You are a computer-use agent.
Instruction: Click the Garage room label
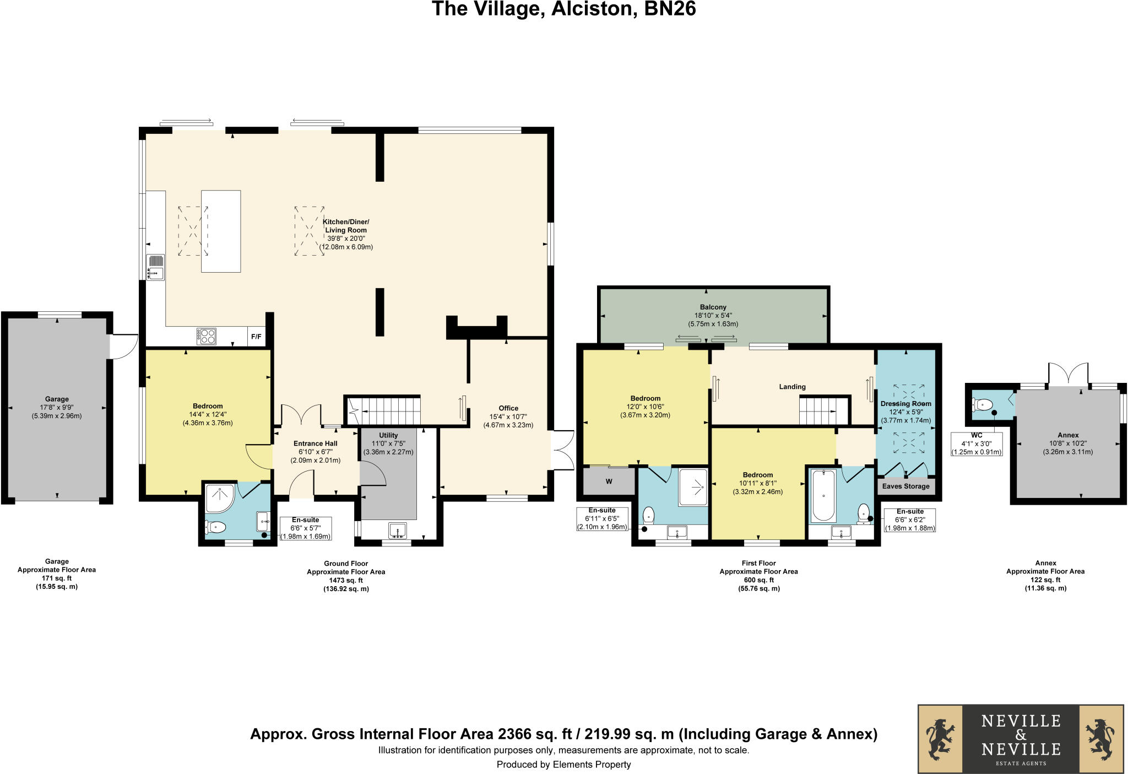point(57,399)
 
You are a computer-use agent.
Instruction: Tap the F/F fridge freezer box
point(256,337)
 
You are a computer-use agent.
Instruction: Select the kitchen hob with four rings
point(207,336)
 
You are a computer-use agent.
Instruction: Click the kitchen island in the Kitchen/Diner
point(221,231)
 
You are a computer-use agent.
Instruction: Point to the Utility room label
point(388,435)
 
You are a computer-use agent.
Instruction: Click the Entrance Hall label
point(315,443)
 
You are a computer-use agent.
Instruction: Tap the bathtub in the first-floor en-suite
point(823,495)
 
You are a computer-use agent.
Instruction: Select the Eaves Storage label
point(905,486)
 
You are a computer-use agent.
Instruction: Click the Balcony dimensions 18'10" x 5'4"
point(713,316)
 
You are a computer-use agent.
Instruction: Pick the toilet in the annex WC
point(982,405)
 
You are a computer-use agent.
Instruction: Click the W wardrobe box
point(609,481)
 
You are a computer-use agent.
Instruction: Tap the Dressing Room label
point(905,403)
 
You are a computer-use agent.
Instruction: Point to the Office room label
point(508,408)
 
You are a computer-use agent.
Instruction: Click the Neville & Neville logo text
point(1021,735)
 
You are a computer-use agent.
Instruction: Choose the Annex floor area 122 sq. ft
point(1045,580)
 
